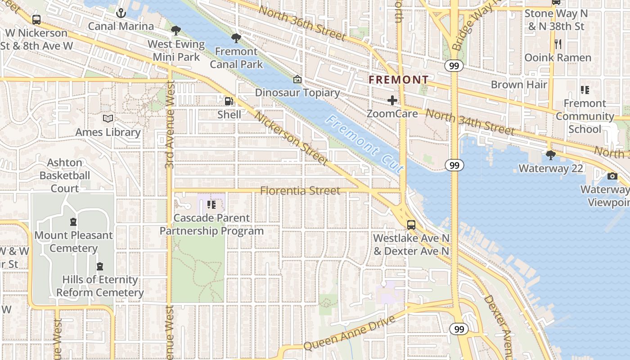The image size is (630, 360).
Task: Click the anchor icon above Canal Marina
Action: (120, 13)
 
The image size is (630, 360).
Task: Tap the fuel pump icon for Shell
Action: (229, 101)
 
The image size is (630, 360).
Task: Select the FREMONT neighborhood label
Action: (399, 80)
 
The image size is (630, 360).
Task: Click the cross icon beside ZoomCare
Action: (392, 100)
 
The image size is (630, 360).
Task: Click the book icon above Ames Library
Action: (108, 119)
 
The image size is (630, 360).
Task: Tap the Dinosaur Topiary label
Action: (297, 93)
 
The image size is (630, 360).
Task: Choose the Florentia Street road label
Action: (300, 191)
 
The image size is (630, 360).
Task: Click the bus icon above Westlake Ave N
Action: (411, 225)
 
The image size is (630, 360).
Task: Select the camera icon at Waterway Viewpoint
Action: (612, 176)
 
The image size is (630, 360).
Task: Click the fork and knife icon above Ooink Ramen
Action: (558, 44)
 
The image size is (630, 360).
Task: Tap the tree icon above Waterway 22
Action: (550, 155)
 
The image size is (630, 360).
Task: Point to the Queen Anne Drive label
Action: (349, 333)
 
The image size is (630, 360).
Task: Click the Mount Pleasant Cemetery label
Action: (73, 242)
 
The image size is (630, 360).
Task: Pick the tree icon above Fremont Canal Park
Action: (236, 38)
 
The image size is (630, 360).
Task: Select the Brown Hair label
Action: (519, 85)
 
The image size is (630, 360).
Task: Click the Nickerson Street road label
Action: (291, 138)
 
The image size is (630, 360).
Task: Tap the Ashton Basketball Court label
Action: (65, 175)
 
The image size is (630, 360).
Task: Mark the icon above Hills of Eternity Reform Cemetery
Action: (99, 266)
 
